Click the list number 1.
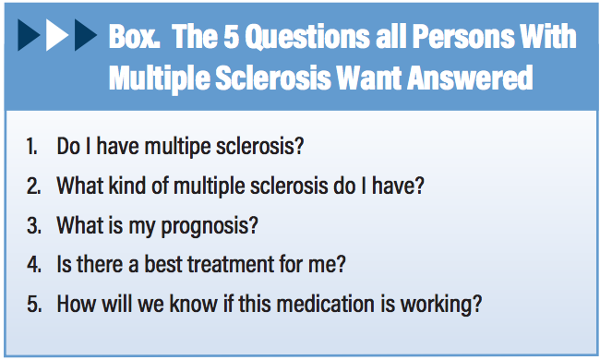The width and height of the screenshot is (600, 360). (31, 147)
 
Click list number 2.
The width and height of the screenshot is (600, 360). (32, 186)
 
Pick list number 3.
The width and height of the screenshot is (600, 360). (32, 224)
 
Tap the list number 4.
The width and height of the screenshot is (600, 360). (32, 263)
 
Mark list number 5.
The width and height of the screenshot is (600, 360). (32, 302)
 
